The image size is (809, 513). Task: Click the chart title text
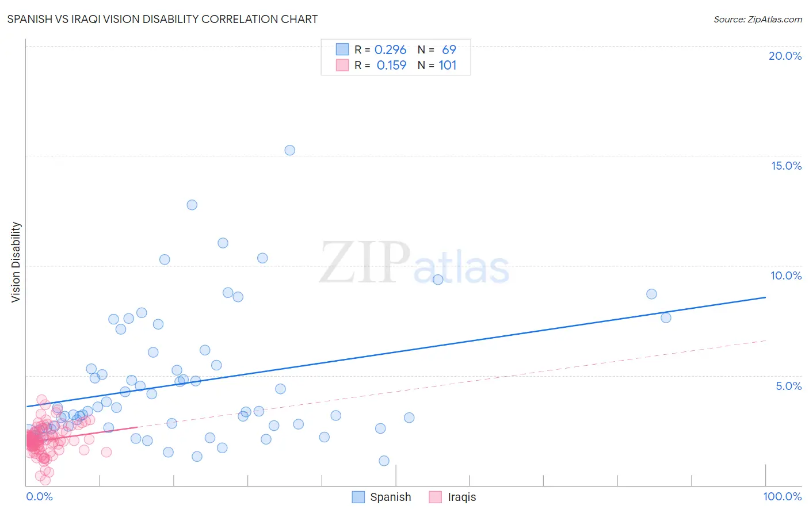pos(162,19)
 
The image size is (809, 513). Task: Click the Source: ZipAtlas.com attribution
pos(757,19)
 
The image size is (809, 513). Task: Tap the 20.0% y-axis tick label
pos(785,56)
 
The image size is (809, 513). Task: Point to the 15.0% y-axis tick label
pos(786,166)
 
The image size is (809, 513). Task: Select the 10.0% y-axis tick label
pos(786,275)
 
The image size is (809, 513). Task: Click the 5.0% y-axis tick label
pos(788,386)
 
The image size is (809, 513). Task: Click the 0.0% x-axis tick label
pos(39,496)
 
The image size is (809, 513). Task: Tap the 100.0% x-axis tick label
pos(782,496)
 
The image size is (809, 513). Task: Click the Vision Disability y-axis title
pos(16,262)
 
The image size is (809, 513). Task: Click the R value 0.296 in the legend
pos(390,50)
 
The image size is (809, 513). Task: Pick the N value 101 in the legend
pos(447,66)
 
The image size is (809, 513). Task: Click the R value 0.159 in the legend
pos(391,66)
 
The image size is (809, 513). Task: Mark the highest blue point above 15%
pos(290,150)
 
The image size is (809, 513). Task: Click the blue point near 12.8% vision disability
pos(192,205)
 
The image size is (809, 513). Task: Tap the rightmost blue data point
pos(666,317)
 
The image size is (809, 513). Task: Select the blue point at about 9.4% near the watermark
pos(438,280)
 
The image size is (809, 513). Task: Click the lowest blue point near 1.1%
pos(384,461)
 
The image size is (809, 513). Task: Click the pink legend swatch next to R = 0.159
pos(342,66)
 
